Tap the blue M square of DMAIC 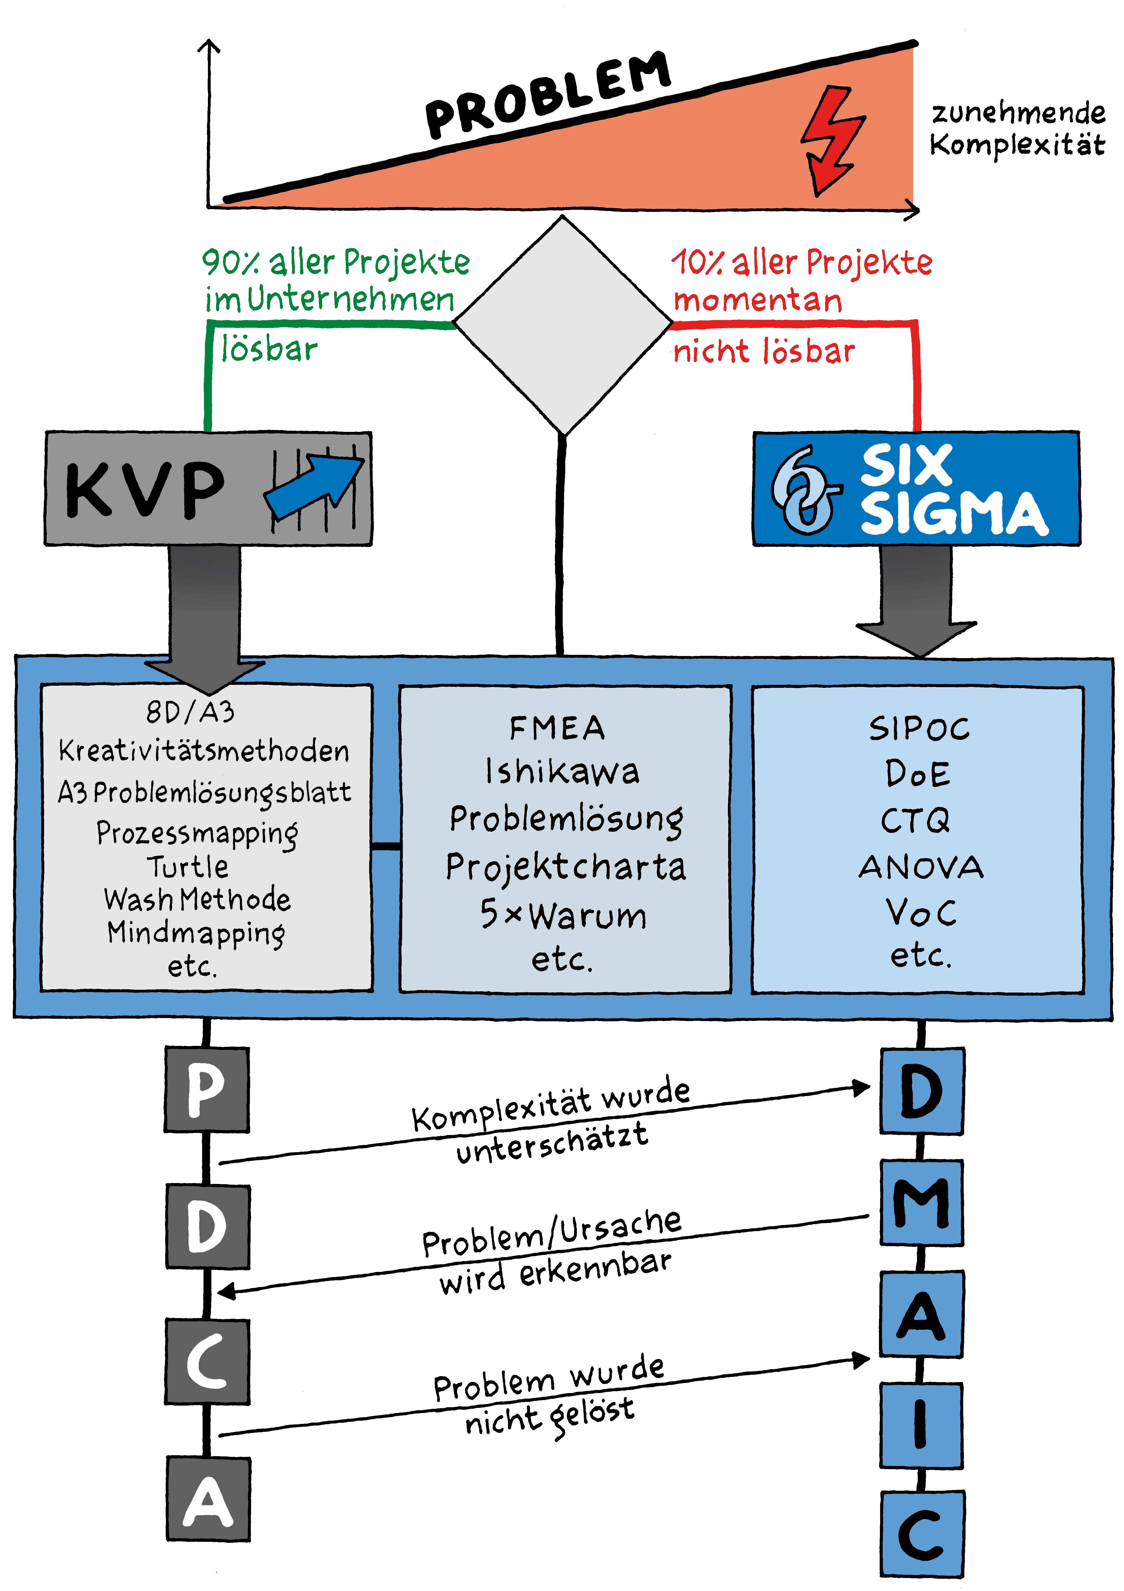[922, 1202]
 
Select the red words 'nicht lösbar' [764, 351]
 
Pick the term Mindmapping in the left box [196, 933]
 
